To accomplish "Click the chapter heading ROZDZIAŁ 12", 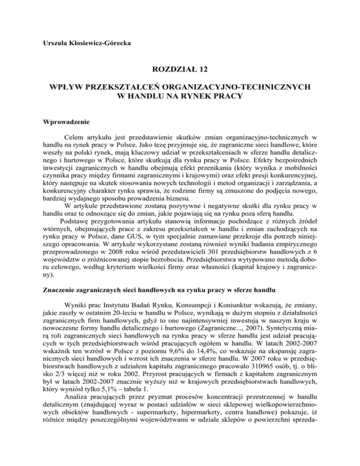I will pyautogui.click(x=180, y=70).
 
